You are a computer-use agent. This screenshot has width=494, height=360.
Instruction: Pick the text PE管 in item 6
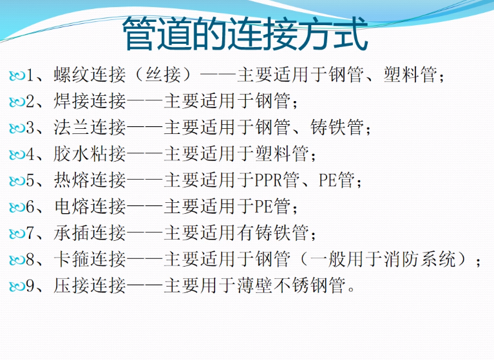coord(272,207)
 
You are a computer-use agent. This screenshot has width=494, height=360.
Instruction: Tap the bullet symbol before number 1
coord(17,77)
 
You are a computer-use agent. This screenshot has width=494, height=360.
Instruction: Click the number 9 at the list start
coord(30,286)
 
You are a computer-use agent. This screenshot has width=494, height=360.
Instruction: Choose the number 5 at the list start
coord(30,181)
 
